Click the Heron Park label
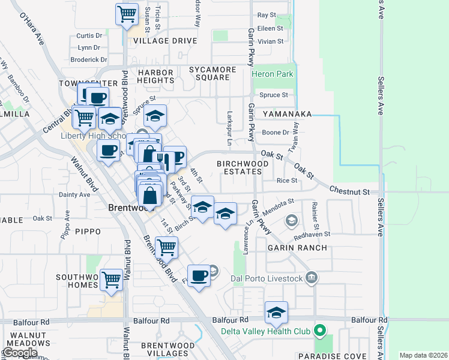[x=273, y=74]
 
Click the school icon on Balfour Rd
[x=276, y=313]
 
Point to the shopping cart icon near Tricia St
[x=127, y=13]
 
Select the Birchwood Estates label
[x=239, y=167]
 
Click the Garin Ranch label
[x=297, y=247]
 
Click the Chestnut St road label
[x=349, y=191]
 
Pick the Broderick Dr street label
[x=88, y=60]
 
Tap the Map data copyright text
[x=423, y=355]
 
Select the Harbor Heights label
[x=155, y=76]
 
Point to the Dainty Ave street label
[x=74, y=194]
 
